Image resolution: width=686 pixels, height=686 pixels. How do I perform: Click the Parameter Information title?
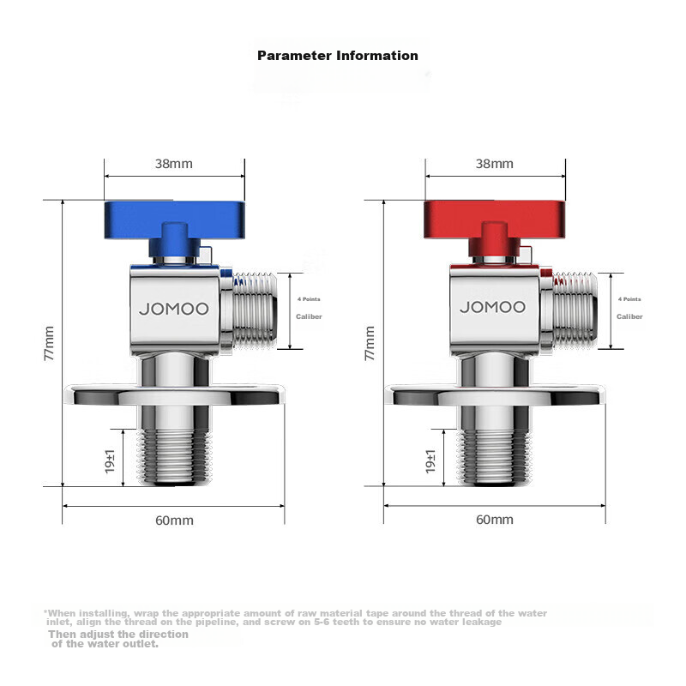tap(338, 56)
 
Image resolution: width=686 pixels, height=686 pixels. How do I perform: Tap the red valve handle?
tap(494, 220)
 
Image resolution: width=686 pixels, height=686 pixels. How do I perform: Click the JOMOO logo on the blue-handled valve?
tap(174, 308)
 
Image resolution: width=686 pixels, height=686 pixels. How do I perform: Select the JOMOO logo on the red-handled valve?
tap(493, 307)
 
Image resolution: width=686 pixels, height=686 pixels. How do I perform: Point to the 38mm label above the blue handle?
tap(174, 163)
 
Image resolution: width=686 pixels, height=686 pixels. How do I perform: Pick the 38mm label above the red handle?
tap(494, 163)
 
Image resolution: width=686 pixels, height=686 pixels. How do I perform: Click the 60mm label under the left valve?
tap(174, 521)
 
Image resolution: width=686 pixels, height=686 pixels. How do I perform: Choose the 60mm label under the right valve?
tap(494, 520)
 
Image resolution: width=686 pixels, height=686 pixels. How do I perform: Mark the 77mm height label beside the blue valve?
tap(49, 342)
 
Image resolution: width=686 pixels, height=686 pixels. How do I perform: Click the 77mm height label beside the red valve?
tap(370, 342)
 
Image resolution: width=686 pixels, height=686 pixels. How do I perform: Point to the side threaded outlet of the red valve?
tap(572, 310)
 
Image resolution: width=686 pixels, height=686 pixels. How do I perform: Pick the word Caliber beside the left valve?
tap(309, 316)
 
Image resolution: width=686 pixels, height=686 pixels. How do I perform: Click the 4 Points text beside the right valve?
tap(629, 299)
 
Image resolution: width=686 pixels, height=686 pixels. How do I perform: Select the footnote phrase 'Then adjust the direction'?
tap(118, 634)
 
